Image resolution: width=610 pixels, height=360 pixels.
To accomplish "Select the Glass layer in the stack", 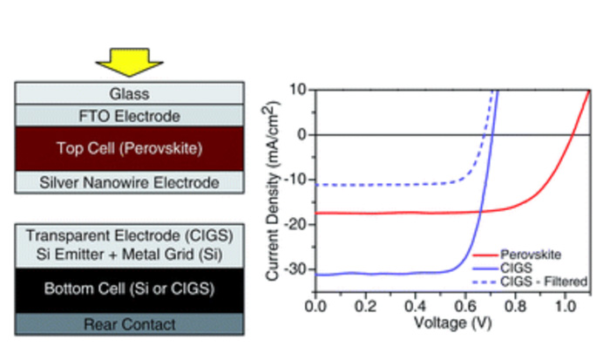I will coord(129,93).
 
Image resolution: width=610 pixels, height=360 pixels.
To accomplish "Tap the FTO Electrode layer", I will coord(129,114).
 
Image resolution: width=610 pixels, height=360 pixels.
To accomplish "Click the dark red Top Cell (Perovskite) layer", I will coord(129,148).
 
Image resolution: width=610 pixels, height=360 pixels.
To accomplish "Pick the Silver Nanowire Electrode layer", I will coord(129,182).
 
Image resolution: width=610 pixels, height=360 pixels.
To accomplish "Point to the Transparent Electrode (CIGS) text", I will coord(129,235).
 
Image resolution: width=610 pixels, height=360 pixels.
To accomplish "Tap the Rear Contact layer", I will coord(129,324).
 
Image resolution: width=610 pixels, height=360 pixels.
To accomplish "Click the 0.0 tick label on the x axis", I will coord(316,307).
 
